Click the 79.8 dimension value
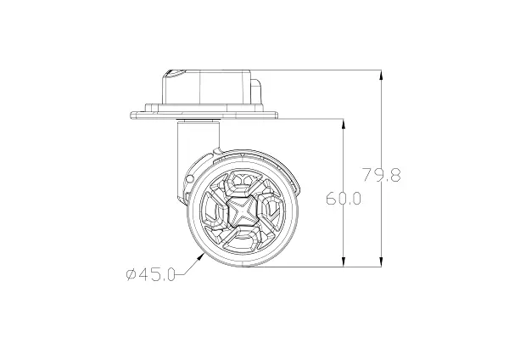click(x=381, y=177)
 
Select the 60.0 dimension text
click(x=344, y=199)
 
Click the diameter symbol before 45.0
click(x=130, y=274)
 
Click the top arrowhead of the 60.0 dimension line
click(x=344, y=121)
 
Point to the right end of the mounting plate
click(x=279, y=112)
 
